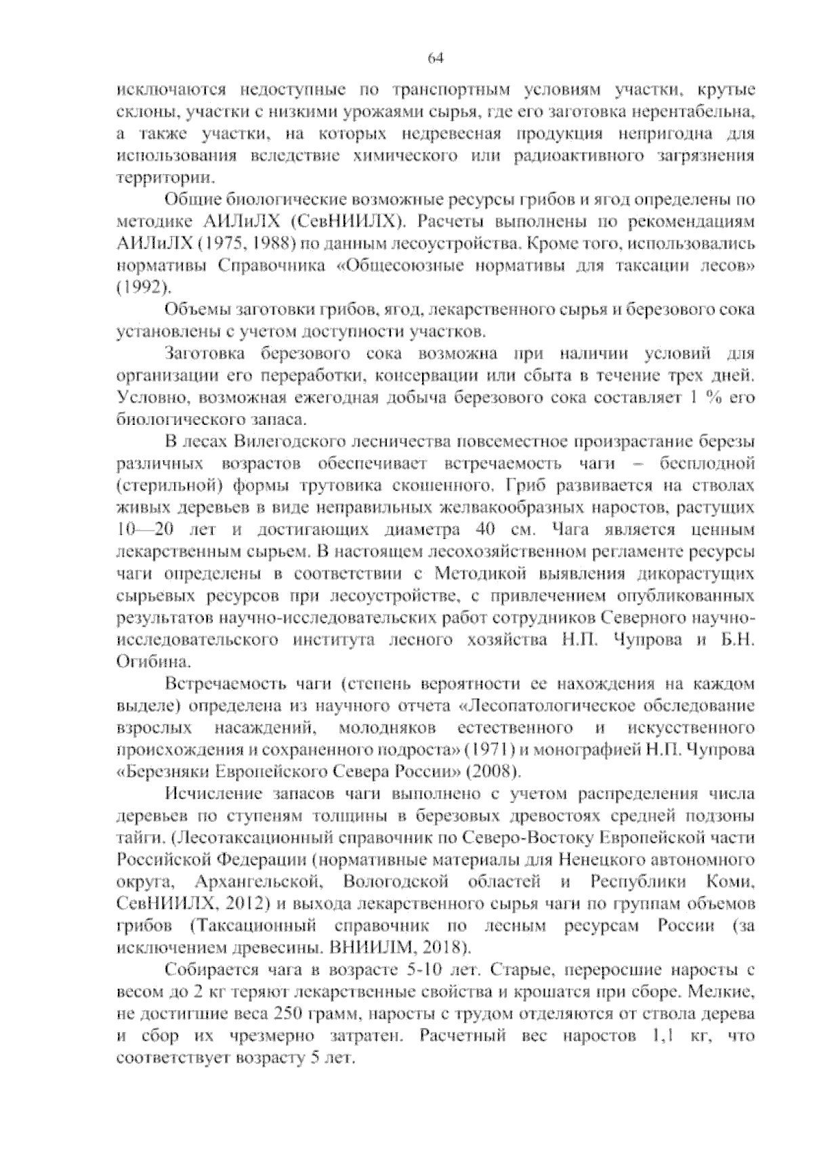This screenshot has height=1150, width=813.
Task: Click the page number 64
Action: click(x=436, y=58)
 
